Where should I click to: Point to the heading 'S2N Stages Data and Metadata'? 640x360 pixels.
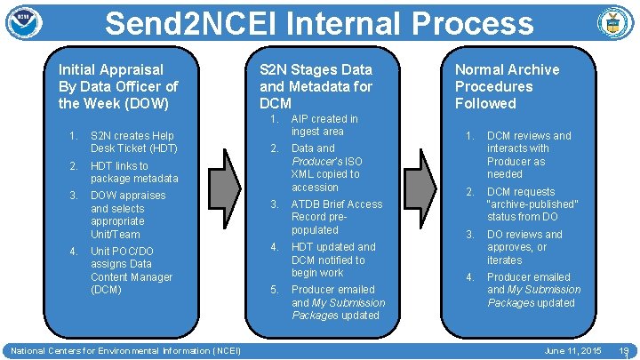316,86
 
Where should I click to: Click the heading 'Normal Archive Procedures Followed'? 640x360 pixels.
507,86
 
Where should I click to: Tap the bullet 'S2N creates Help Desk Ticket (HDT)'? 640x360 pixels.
133,142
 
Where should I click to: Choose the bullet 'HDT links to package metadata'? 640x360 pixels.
133,172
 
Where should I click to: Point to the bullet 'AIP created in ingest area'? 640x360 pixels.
324,124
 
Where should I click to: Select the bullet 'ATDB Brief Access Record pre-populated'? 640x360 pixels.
336,217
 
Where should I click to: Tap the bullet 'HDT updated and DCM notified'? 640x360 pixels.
333,260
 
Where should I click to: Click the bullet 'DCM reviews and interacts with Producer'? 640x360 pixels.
528,155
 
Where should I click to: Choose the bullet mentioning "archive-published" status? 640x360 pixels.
532,204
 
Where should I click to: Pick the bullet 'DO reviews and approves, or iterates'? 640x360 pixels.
524,247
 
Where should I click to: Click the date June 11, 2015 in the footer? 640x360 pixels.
572,351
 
